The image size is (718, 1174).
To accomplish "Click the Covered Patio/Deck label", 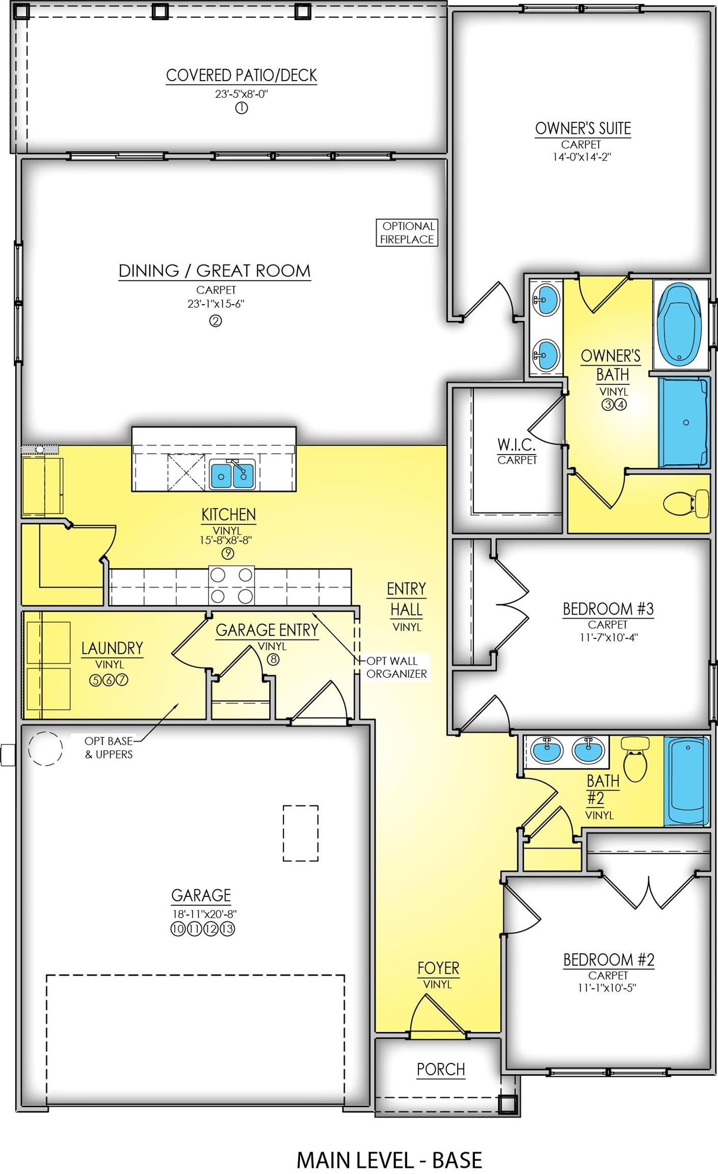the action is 242,75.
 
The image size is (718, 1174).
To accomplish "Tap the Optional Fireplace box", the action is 407,233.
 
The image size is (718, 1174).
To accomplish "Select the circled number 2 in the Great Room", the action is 216,321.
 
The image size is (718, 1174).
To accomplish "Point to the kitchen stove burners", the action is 231,585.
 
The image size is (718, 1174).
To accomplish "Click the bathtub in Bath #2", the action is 687,781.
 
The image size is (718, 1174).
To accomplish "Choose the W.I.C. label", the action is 517,445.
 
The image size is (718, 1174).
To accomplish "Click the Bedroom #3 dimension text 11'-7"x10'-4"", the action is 608,637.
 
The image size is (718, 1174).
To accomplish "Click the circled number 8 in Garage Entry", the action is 273,659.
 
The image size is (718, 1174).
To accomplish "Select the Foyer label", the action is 438,968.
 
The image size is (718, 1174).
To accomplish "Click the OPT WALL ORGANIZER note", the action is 396,667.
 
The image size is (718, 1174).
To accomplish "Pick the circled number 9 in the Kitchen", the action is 227,553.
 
